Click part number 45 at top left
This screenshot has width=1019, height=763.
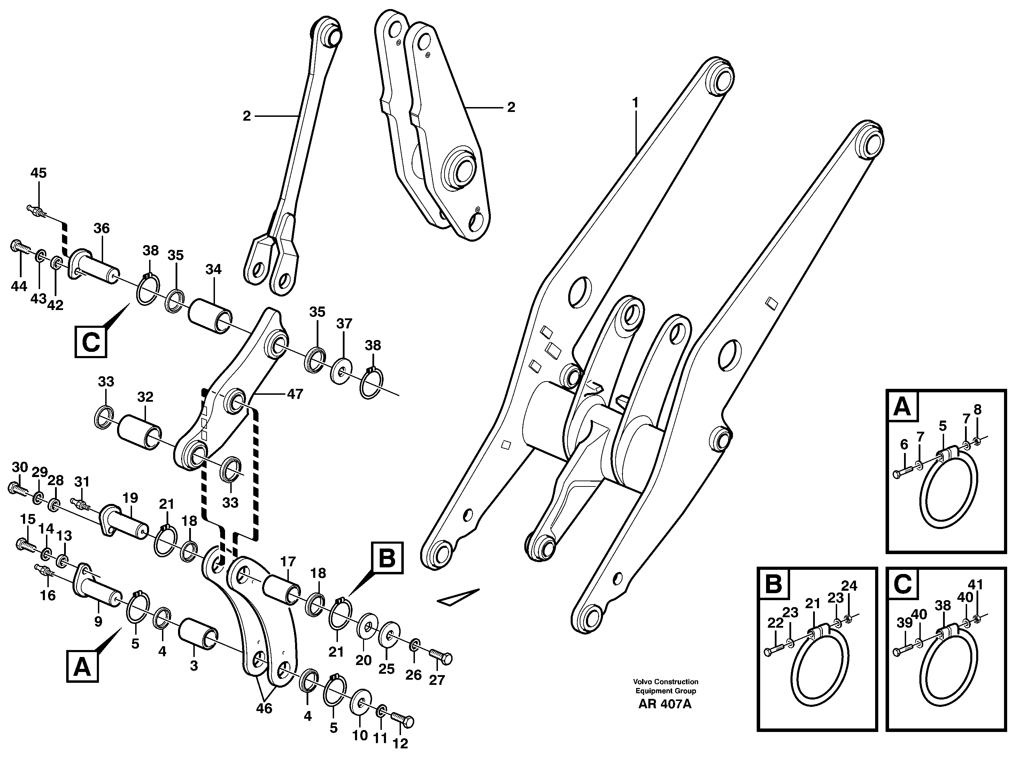click(38, 173)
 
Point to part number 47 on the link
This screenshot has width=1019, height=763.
click(295, 394)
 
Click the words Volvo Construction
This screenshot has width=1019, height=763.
click(665, 681)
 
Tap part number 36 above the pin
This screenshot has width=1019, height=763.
click(101, 228)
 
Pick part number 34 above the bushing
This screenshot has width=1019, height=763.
click(213, 269)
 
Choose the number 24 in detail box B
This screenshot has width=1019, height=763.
click(849, 586)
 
